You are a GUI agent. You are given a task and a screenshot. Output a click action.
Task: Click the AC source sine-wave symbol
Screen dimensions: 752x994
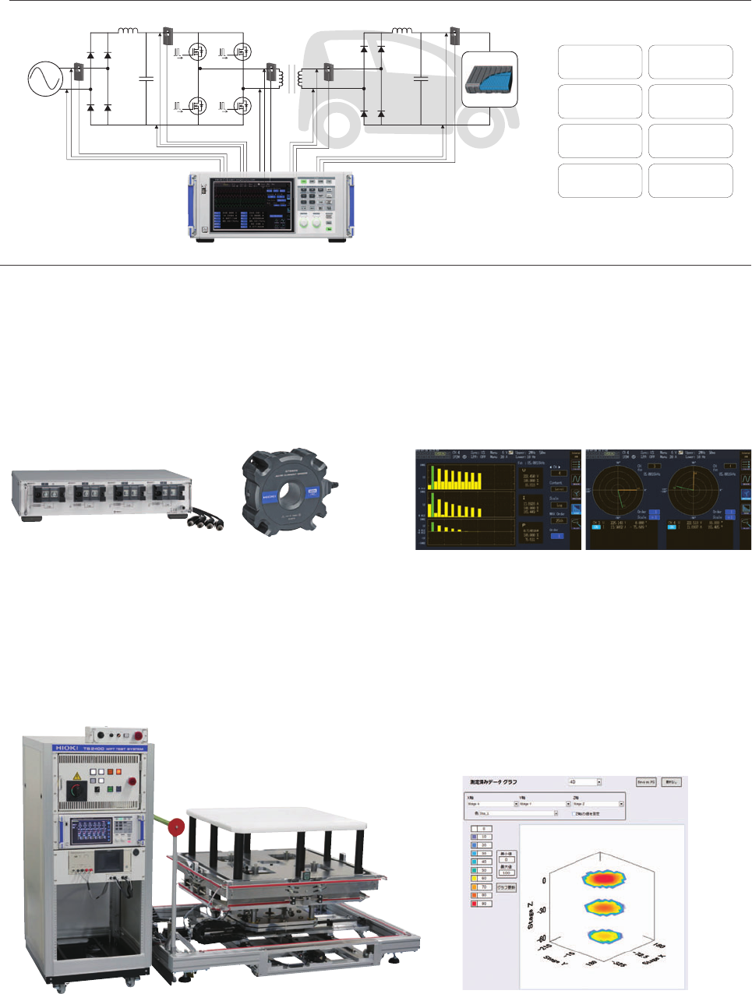pyautogui.click(x=45, y=79)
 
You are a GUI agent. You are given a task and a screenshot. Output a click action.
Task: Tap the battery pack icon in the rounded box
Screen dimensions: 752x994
pyautogui.click(x=489, y=79)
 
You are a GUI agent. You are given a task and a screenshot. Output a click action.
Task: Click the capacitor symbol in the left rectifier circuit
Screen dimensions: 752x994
pyautogui.click(x=145, y=78)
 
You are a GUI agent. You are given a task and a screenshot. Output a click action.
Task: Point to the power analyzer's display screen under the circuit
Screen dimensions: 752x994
pyautogui.click(x=252, y=205)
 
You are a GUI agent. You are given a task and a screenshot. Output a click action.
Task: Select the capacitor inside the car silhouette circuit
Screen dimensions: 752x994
pyautogui.click(x=421, y=78)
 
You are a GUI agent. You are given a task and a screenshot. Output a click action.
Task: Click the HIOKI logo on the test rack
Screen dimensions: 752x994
pyautogui.click(x=64, y=748)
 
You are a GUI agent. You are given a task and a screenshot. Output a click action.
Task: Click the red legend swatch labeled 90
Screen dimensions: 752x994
pyautogui.click(x=474, y=903)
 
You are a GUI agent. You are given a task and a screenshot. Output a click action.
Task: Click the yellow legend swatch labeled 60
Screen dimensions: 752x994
pyautogui.click(x=474, y=879)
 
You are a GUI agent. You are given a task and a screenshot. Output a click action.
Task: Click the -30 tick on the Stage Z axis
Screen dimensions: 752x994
pyautogui.click(x=541, y=909)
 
